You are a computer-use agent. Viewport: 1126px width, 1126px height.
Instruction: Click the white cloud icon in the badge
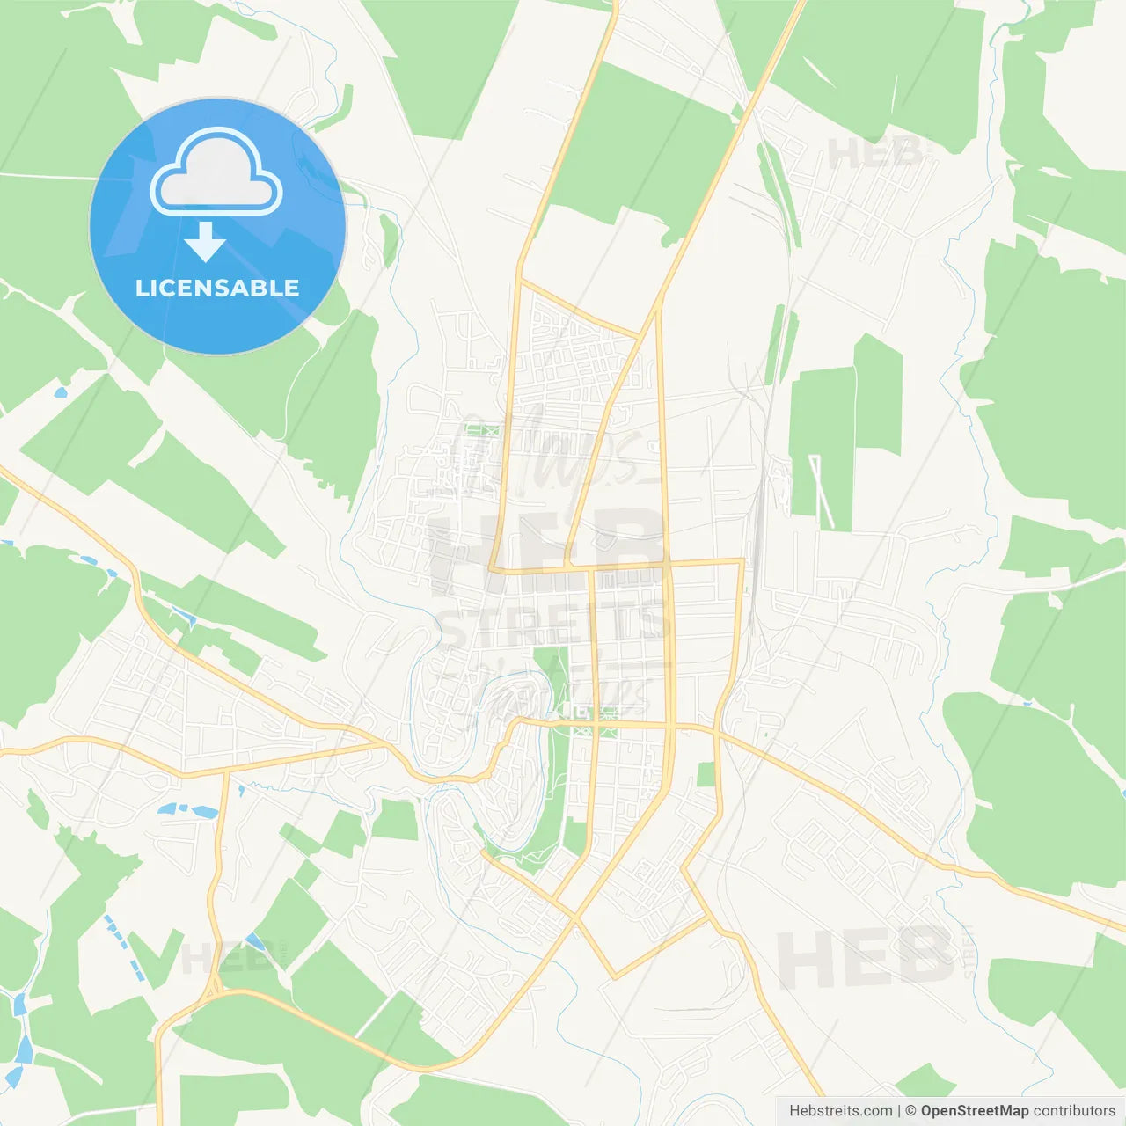216,172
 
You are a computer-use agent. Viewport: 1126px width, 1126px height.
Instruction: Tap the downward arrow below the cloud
205,242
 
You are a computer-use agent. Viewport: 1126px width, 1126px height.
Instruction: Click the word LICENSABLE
217,288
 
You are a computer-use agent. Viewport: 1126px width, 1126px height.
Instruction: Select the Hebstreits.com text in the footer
840,1111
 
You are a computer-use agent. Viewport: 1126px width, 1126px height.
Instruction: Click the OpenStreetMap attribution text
974,1111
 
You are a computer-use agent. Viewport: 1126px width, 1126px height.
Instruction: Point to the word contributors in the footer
1074,1111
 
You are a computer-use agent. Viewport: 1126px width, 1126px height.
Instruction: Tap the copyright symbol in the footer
910,1111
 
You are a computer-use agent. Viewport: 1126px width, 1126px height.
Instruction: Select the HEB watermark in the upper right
875,154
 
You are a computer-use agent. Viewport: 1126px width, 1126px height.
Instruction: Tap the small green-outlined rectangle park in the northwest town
481,431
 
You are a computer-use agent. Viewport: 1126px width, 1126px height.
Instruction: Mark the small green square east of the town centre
706,775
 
